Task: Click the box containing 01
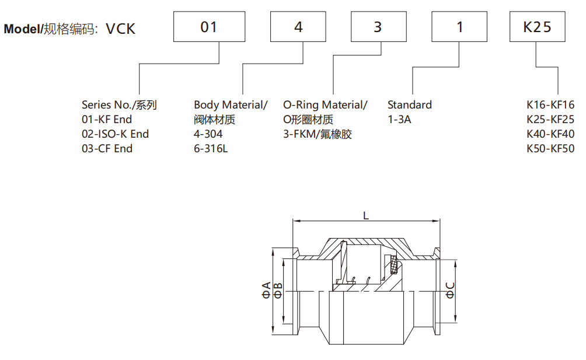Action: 209,27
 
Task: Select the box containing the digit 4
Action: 298,27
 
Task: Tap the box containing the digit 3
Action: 378,27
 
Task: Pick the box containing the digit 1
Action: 459,27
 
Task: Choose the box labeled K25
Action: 538,27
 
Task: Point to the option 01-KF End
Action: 107,120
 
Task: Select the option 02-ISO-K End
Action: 115,134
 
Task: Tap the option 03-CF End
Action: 107,149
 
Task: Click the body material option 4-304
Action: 208,134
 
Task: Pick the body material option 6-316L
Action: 211,149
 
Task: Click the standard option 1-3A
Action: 400,120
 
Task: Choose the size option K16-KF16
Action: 550,106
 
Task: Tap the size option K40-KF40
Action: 550,134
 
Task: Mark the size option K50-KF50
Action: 550,149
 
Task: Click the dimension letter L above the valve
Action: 366,215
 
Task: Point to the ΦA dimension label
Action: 266,289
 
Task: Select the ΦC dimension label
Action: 450,289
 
